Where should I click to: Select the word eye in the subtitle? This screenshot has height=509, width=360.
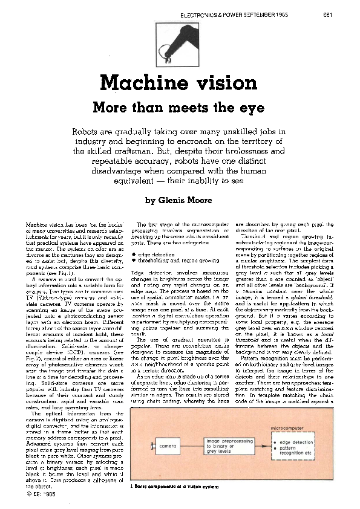pyautogui.click(x=252, y=108)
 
